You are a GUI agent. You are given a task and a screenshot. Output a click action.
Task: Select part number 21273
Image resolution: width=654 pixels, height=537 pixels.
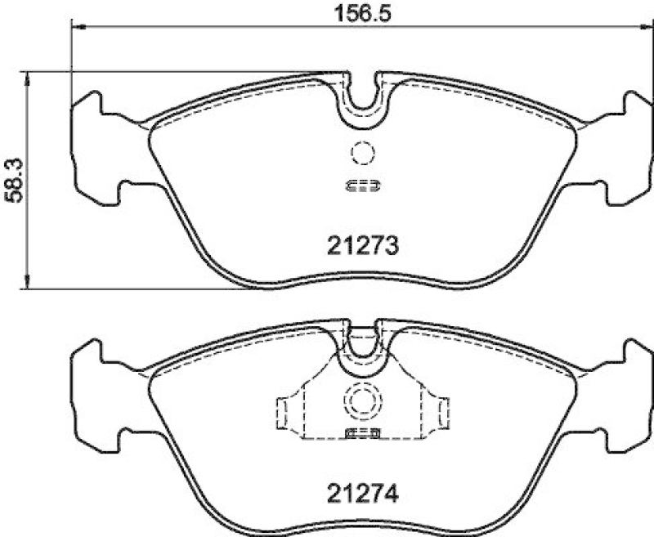click(x=361, y=244)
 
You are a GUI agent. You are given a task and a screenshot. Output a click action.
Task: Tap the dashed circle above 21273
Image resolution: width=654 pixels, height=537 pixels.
click(x=361, y=153)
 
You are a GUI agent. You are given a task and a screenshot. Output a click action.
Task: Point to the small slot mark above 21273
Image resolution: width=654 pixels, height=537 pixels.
click(x=361, y=185)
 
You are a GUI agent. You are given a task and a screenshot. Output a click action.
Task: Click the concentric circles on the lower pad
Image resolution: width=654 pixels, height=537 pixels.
click(x=361, y=400)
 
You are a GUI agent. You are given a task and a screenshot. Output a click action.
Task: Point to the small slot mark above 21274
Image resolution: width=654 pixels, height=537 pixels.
click(x=361, y=432)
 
